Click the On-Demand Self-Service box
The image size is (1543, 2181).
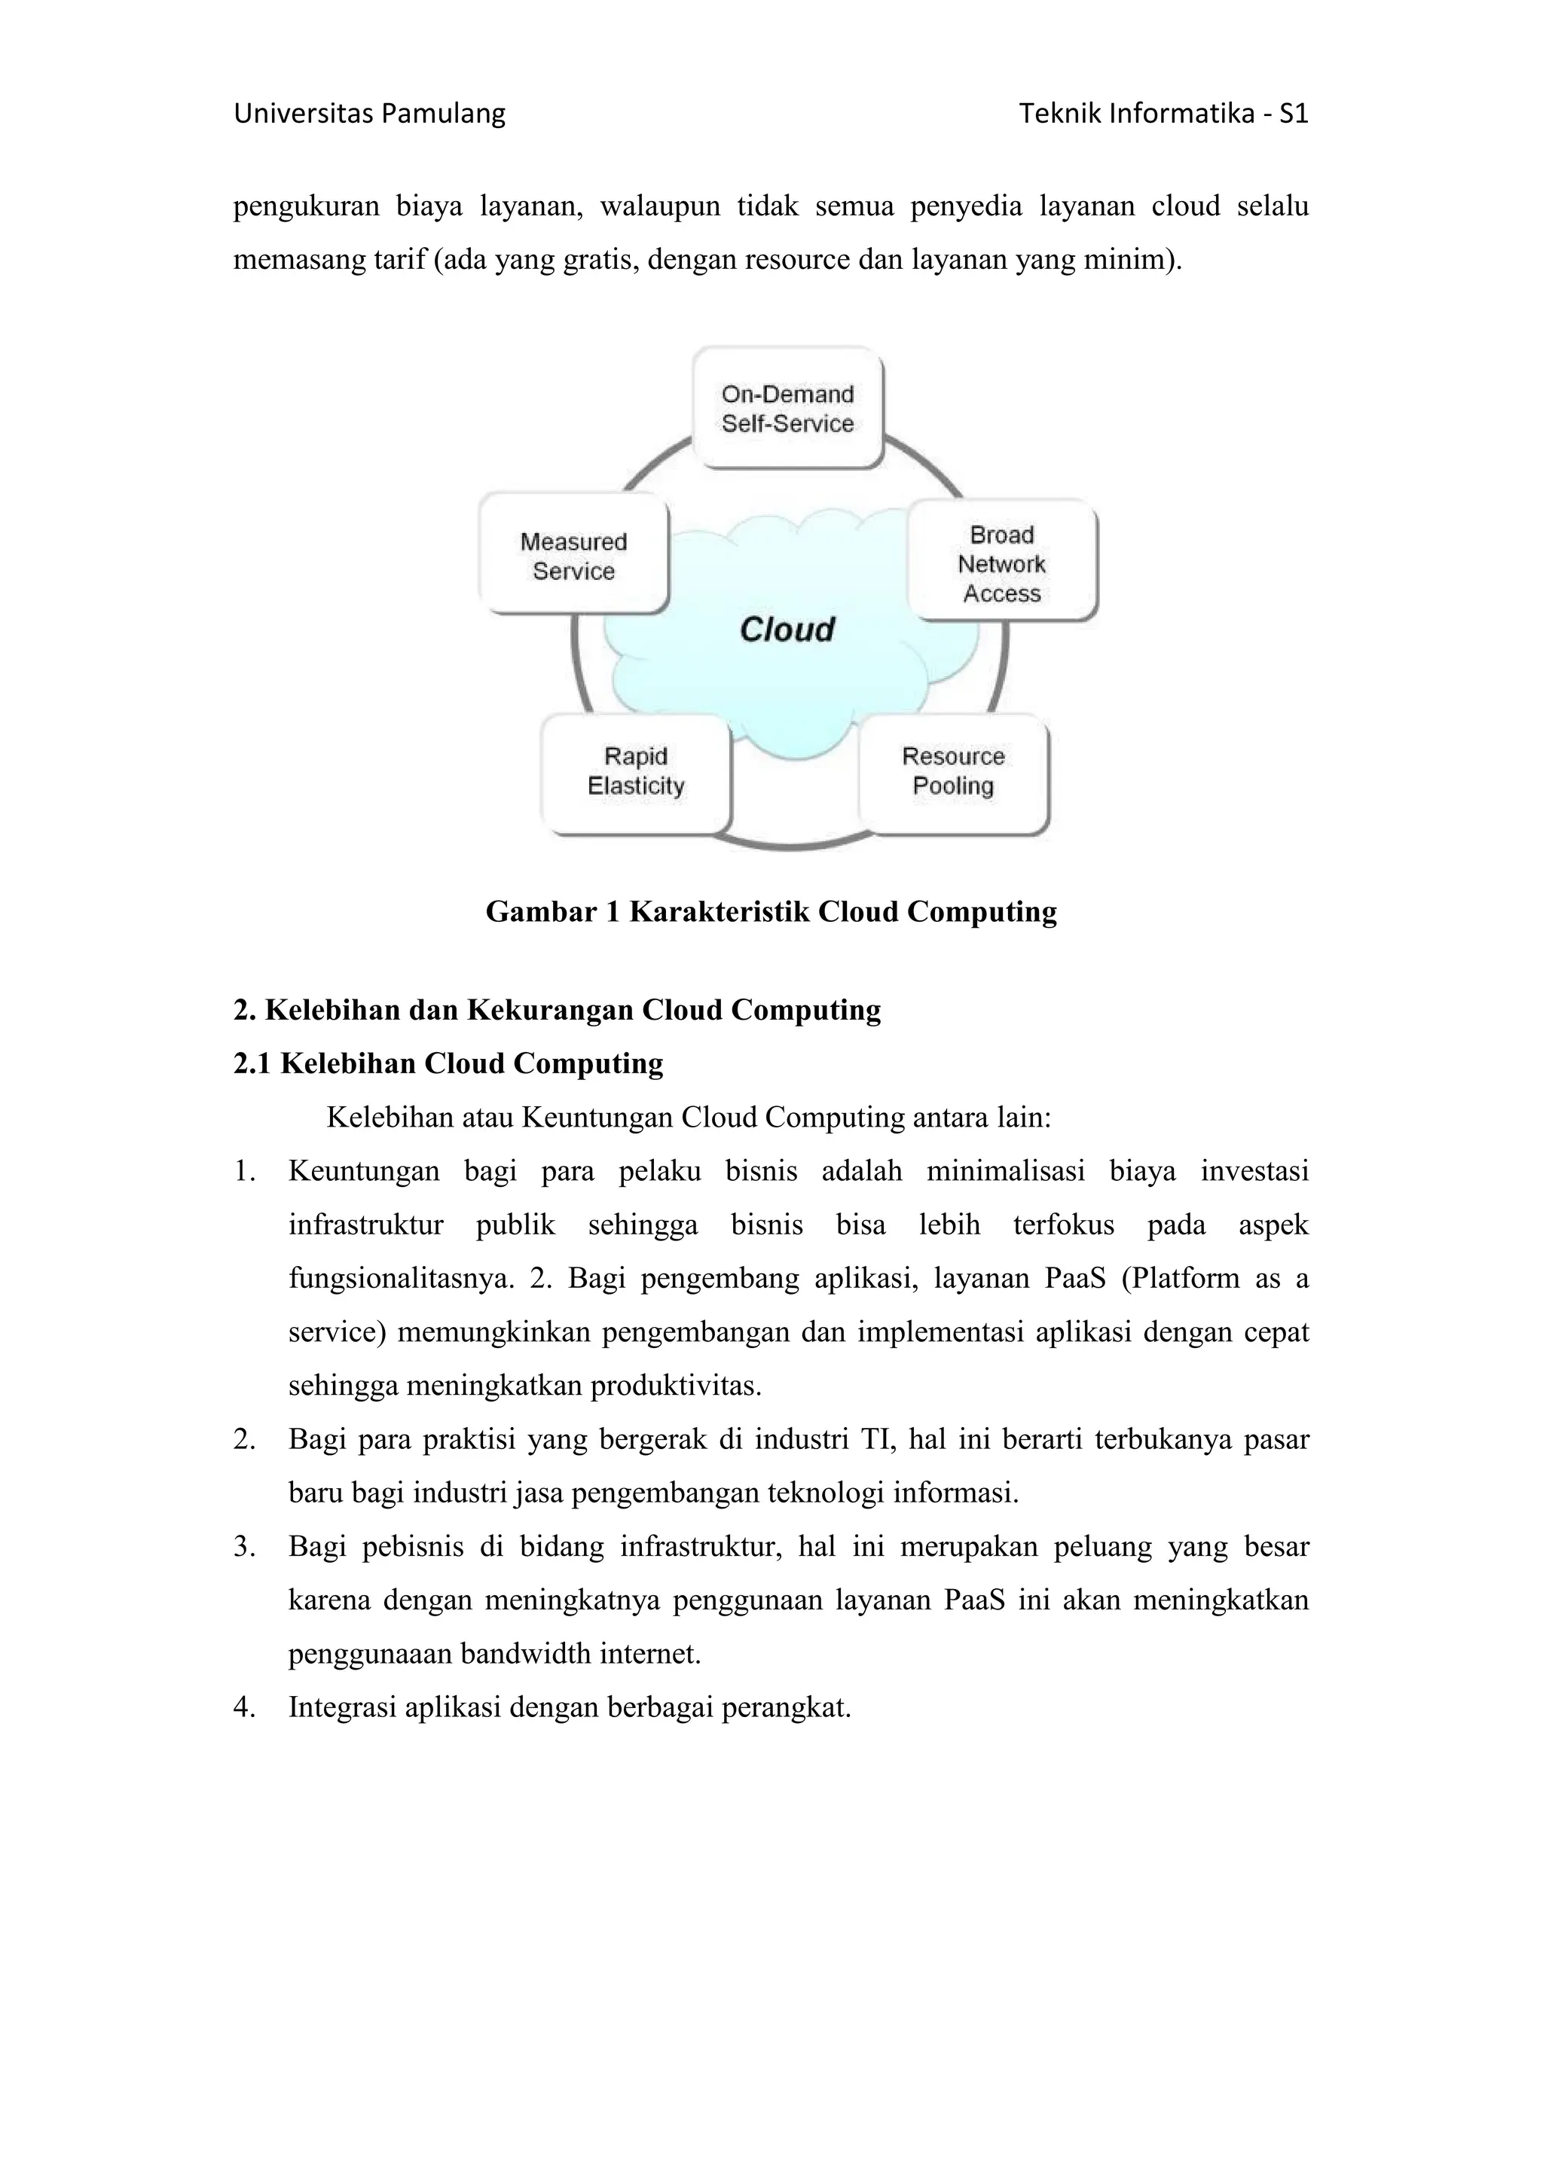pos(787,408)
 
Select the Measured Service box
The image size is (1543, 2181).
pos(574,556)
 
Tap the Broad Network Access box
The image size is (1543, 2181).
pos(1001,563)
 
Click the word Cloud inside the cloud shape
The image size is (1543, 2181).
pos(787,629)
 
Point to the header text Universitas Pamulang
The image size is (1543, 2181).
pos(370,114)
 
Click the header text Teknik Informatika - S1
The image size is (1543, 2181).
pos(1163,114)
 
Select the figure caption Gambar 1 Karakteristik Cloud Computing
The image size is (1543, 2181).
pos(771,912)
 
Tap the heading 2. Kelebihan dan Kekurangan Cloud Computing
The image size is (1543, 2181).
pos(557,1010)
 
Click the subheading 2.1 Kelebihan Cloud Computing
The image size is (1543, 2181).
pos(448,1063)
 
